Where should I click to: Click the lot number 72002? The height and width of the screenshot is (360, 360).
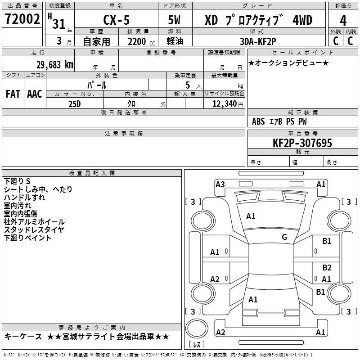coord(22,19)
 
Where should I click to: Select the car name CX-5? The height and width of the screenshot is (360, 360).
coord(116,20)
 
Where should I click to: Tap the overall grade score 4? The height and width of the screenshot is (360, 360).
coord(343,21)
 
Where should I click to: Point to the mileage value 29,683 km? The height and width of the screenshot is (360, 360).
coord(55,65)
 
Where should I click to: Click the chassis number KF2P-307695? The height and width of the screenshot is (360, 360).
coord(302,143)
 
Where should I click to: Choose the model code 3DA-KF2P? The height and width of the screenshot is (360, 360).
coord(258,41)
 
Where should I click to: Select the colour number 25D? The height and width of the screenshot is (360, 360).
coord(74,104)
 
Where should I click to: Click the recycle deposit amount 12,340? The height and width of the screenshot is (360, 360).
coord(225,104)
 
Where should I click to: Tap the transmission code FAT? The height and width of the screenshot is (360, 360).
coord(13,94)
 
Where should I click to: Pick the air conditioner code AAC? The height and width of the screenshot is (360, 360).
coord(35,94)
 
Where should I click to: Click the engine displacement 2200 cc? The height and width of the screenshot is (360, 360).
coord(141,42)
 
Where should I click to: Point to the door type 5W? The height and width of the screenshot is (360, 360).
coord(174,20)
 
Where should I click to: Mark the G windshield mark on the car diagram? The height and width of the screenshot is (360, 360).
coord(284,237)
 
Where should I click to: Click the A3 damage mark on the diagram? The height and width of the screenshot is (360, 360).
coord(220,184)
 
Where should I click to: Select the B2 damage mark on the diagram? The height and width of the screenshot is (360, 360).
coord(327,268)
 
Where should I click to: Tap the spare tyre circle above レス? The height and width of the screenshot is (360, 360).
coord(197,328)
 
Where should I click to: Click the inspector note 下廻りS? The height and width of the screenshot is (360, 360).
coord(17,181)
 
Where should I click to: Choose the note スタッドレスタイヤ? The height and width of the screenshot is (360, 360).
coord(34,230)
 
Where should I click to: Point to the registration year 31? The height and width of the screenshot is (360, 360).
coord(59,24)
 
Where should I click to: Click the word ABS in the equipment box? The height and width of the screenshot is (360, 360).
coord(258,121)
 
